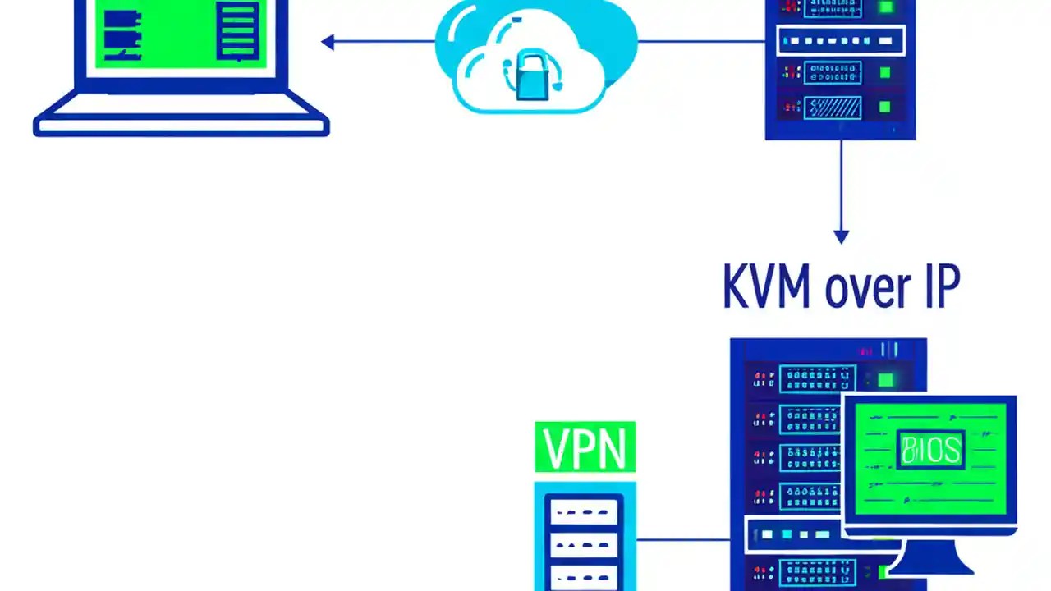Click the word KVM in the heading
click(x=766, y=286)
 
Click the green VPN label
click(x=585, y=447)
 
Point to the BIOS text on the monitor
click(x=930, y=449)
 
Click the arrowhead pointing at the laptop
click(x=328, y=42)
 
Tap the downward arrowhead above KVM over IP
click(x=840, y=236)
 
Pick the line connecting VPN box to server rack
click(x=682, y=539)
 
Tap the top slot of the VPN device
click(x=584, y=513)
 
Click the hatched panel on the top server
click(x=832, y=107)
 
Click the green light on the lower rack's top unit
click(x=885, y=379)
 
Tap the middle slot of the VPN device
click(x=584, y=543)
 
